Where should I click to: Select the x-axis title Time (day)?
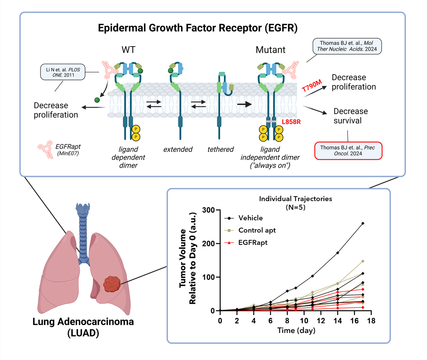click(296, 330)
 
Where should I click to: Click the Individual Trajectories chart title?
click(295, 199)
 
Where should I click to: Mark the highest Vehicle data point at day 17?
click(363, 223)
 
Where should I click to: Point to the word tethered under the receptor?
click(221, 149)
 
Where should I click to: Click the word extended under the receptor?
click(178, 149)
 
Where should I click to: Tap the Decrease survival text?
click(351, 116)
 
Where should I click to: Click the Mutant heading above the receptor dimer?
click(270, 50)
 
